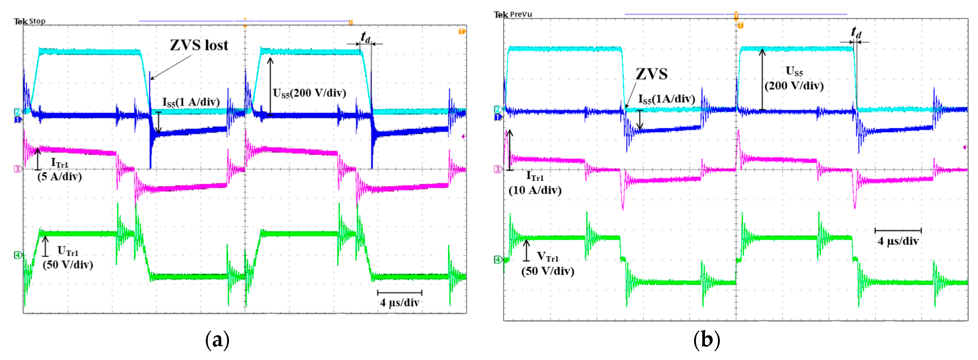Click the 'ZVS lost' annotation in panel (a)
[199, 45]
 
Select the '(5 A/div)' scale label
[59, 177]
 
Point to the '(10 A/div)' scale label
[535, 190]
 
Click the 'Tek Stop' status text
[29, 21]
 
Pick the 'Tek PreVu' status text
[513, 14]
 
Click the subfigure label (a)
[217, 339]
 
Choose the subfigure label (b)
[706, 339]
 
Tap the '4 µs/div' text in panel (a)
[400, 303]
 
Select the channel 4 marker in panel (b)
[497, 260]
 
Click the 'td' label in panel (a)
[365, 37]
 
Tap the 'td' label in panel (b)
[856, 32]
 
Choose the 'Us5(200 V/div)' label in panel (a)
[309, 93]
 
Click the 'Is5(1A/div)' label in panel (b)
[666, 99]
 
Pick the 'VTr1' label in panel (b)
[547, 257]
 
